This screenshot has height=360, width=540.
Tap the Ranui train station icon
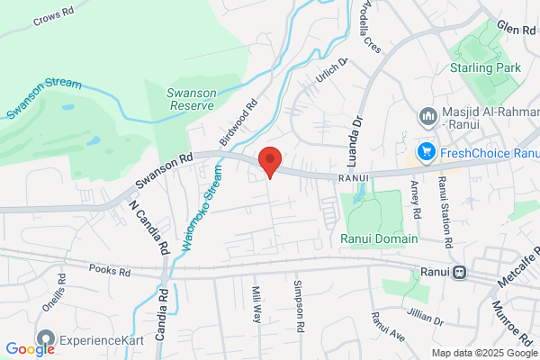(x=460, y=271)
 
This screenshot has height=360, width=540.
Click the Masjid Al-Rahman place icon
(x=427, y=115)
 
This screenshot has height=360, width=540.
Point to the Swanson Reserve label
(x=191, y=98)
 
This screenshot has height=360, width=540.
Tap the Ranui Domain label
(x=378, y=238)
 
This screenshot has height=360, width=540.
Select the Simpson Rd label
(x=297, y=302)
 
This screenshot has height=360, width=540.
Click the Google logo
(x=30, y=349)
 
